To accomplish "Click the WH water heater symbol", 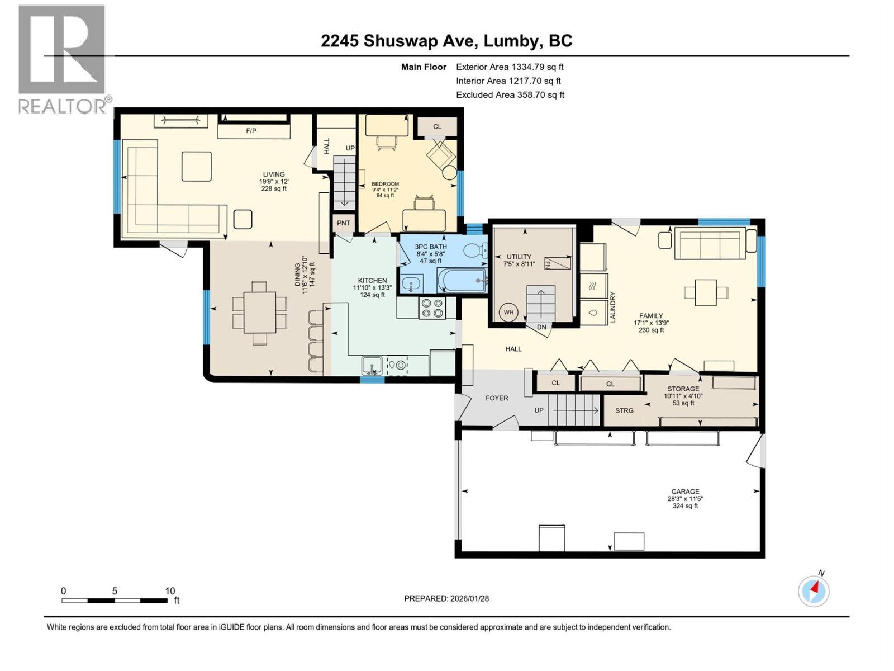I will [x=508, y=313].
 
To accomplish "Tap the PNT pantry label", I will [x=343, y=223].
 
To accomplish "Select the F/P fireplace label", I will [x=251, y=131].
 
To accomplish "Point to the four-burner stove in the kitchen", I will [x=432, y=308].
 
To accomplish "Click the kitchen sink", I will [x=371, y=366].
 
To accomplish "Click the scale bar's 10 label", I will [x=170, y=591].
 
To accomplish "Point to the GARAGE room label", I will [x=685, y=492].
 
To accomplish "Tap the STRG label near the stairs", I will [x=624, y=410].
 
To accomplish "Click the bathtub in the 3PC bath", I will [x=462, y=280].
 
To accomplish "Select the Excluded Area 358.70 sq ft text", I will [x=510, y=95].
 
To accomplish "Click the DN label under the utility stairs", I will [x=541, y=327].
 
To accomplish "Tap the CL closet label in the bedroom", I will [x=437, y=126].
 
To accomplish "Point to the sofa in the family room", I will [x=710, y=243].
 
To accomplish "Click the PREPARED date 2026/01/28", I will [x=446, y=598].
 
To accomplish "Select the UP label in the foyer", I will [x=539, y=410].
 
